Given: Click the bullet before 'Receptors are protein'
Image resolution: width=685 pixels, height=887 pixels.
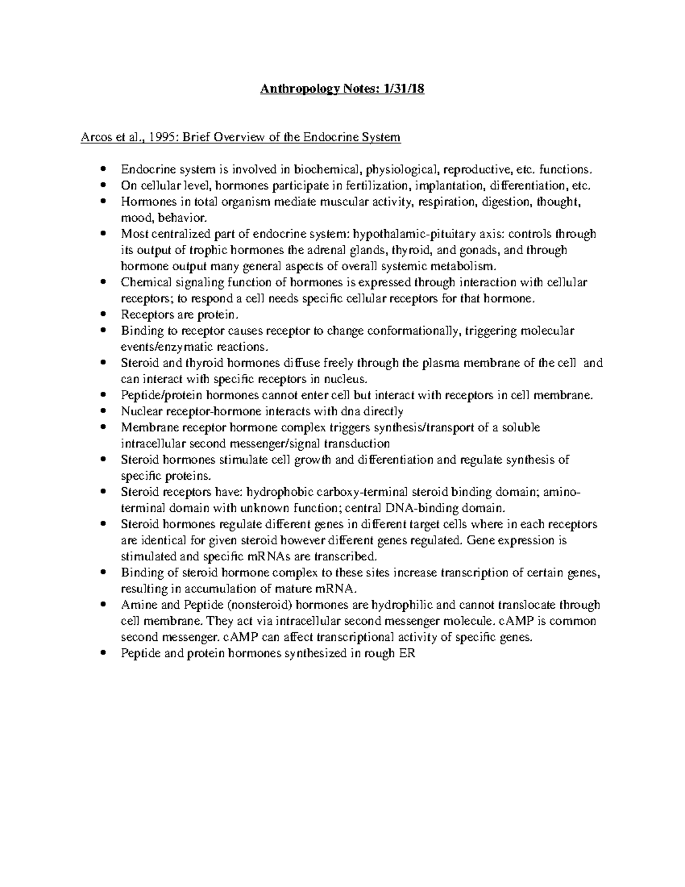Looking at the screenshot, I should (x=103, y=315).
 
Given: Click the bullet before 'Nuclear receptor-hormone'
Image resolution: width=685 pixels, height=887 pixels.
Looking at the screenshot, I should (x=103, y=411).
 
